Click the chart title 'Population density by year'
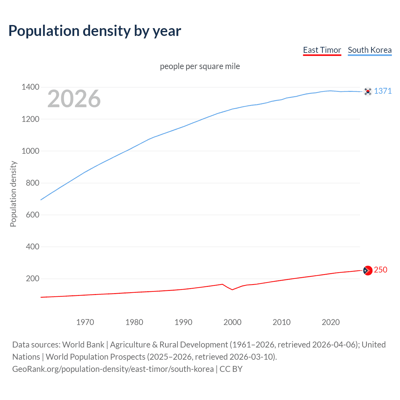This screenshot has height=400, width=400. point(95,31)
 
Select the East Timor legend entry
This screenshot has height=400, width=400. point(322,50)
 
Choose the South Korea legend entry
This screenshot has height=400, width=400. point(370,50)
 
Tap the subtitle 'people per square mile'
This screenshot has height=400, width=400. point(200,67)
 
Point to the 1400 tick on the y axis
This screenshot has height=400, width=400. point(30,87)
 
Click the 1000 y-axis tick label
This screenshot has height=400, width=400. point(30,151)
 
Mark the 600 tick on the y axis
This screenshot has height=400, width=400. point(32,215)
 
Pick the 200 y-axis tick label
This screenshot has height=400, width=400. point(32,278)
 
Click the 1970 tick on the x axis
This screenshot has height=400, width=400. point(85,322)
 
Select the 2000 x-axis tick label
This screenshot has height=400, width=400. point(232,322)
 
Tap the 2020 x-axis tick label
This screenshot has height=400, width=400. point(331,322)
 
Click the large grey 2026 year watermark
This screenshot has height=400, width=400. point(74,99)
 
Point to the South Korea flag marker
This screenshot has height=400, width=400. point(368,92)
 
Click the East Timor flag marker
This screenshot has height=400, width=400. point(368,270)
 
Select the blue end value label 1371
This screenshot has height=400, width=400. point(383,91)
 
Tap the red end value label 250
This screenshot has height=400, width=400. point(381,270)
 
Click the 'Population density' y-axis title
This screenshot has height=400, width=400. point(13,194)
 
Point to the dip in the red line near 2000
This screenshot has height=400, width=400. point(232,289)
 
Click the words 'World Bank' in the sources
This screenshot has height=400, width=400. point(83,345)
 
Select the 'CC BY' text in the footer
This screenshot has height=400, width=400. point(231,369)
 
